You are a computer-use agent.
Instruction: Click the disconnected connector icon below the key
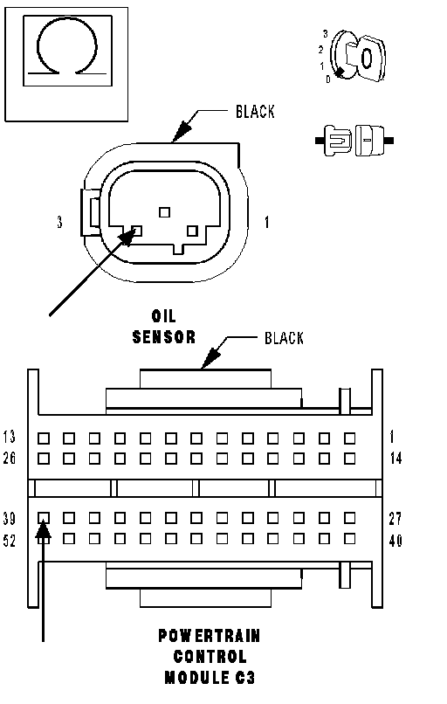click(x=354, y=141)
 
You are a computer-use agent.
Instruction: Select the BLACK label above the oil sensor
click(x=255, y=112)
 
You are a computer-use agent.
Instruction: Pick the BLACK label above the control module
click(x=284, y=338)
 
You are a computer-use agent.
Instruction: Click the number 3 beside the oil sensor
click(x=59, y=222)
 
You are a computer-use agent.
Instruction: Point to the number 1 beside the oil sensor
click(x=267, y=222)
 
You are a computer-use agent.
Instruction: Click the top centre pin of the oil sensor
click(x=165, y=212)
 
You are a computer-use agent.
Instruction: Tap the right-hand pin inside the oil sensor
click(x=192, y=231)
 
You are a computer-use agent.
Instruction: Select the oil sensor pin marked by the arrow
click(x=137, y=231)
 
